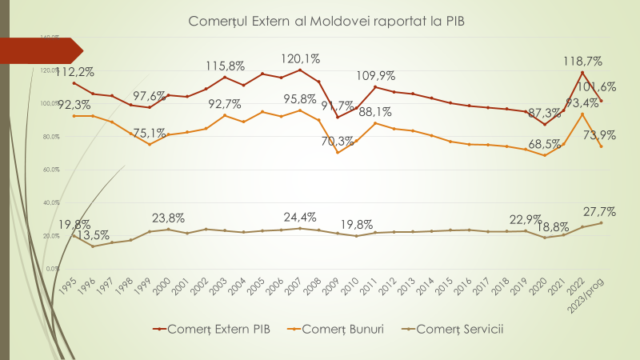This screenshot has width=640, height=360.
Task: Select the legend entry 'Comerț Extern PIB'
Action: tap(212, 328)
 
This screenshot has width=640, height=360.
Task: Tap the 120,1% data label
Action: tap(301, 58)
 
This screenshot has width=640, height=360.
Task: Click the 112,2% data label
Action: tap(75, 71)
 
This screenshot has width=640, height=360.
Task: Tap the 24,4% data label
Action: tap(301, 217)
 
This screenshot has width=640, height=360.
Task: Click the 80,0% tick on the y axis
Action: tap(50, 137)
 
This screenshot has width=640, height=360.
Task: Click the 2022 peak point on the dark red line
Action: tap(582, 73)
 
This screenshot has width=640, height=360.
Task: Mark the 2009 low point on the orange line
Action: tap(337, 152)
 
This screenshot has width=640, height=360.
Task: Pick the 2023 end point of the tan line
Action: tap(601, 222)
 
